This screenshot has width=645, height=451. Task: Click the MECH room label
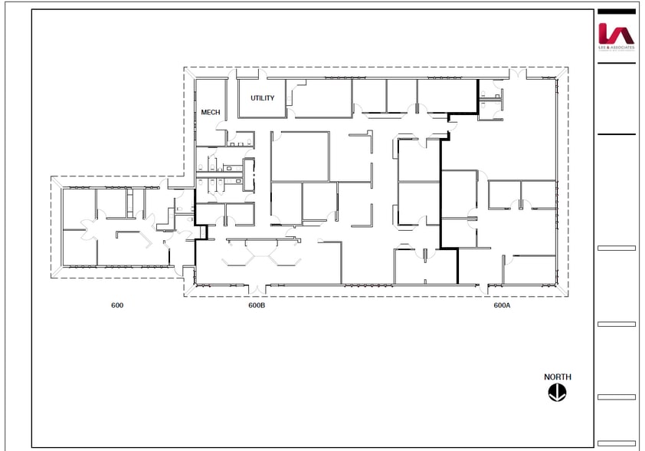pos(211,113)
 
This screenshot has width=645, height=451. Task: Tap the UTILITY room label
pos(262,98)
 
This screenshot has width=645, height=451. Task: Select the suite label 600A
pos(502,305)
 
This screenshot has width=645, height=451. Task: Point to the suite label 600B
pos(257,305)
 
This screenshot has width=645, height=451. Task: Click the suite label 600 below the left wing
pos(117,305)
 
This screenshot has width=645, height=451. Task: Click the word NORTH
pos(557,377)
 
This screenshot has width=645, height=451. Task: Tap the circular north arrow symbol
pos(557,392)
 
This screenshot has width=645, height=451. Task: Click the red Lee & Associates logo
pos(616,34)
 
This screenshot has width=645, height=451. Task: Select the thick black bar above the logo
pos(616,12)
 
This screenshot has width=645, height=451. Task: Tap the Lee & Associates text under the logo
pos(616,48)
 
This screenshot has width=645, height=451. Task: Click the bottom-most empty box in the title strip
pos(616,442)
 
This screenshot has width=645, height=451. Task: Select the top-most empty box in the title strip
pos(616,248)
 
